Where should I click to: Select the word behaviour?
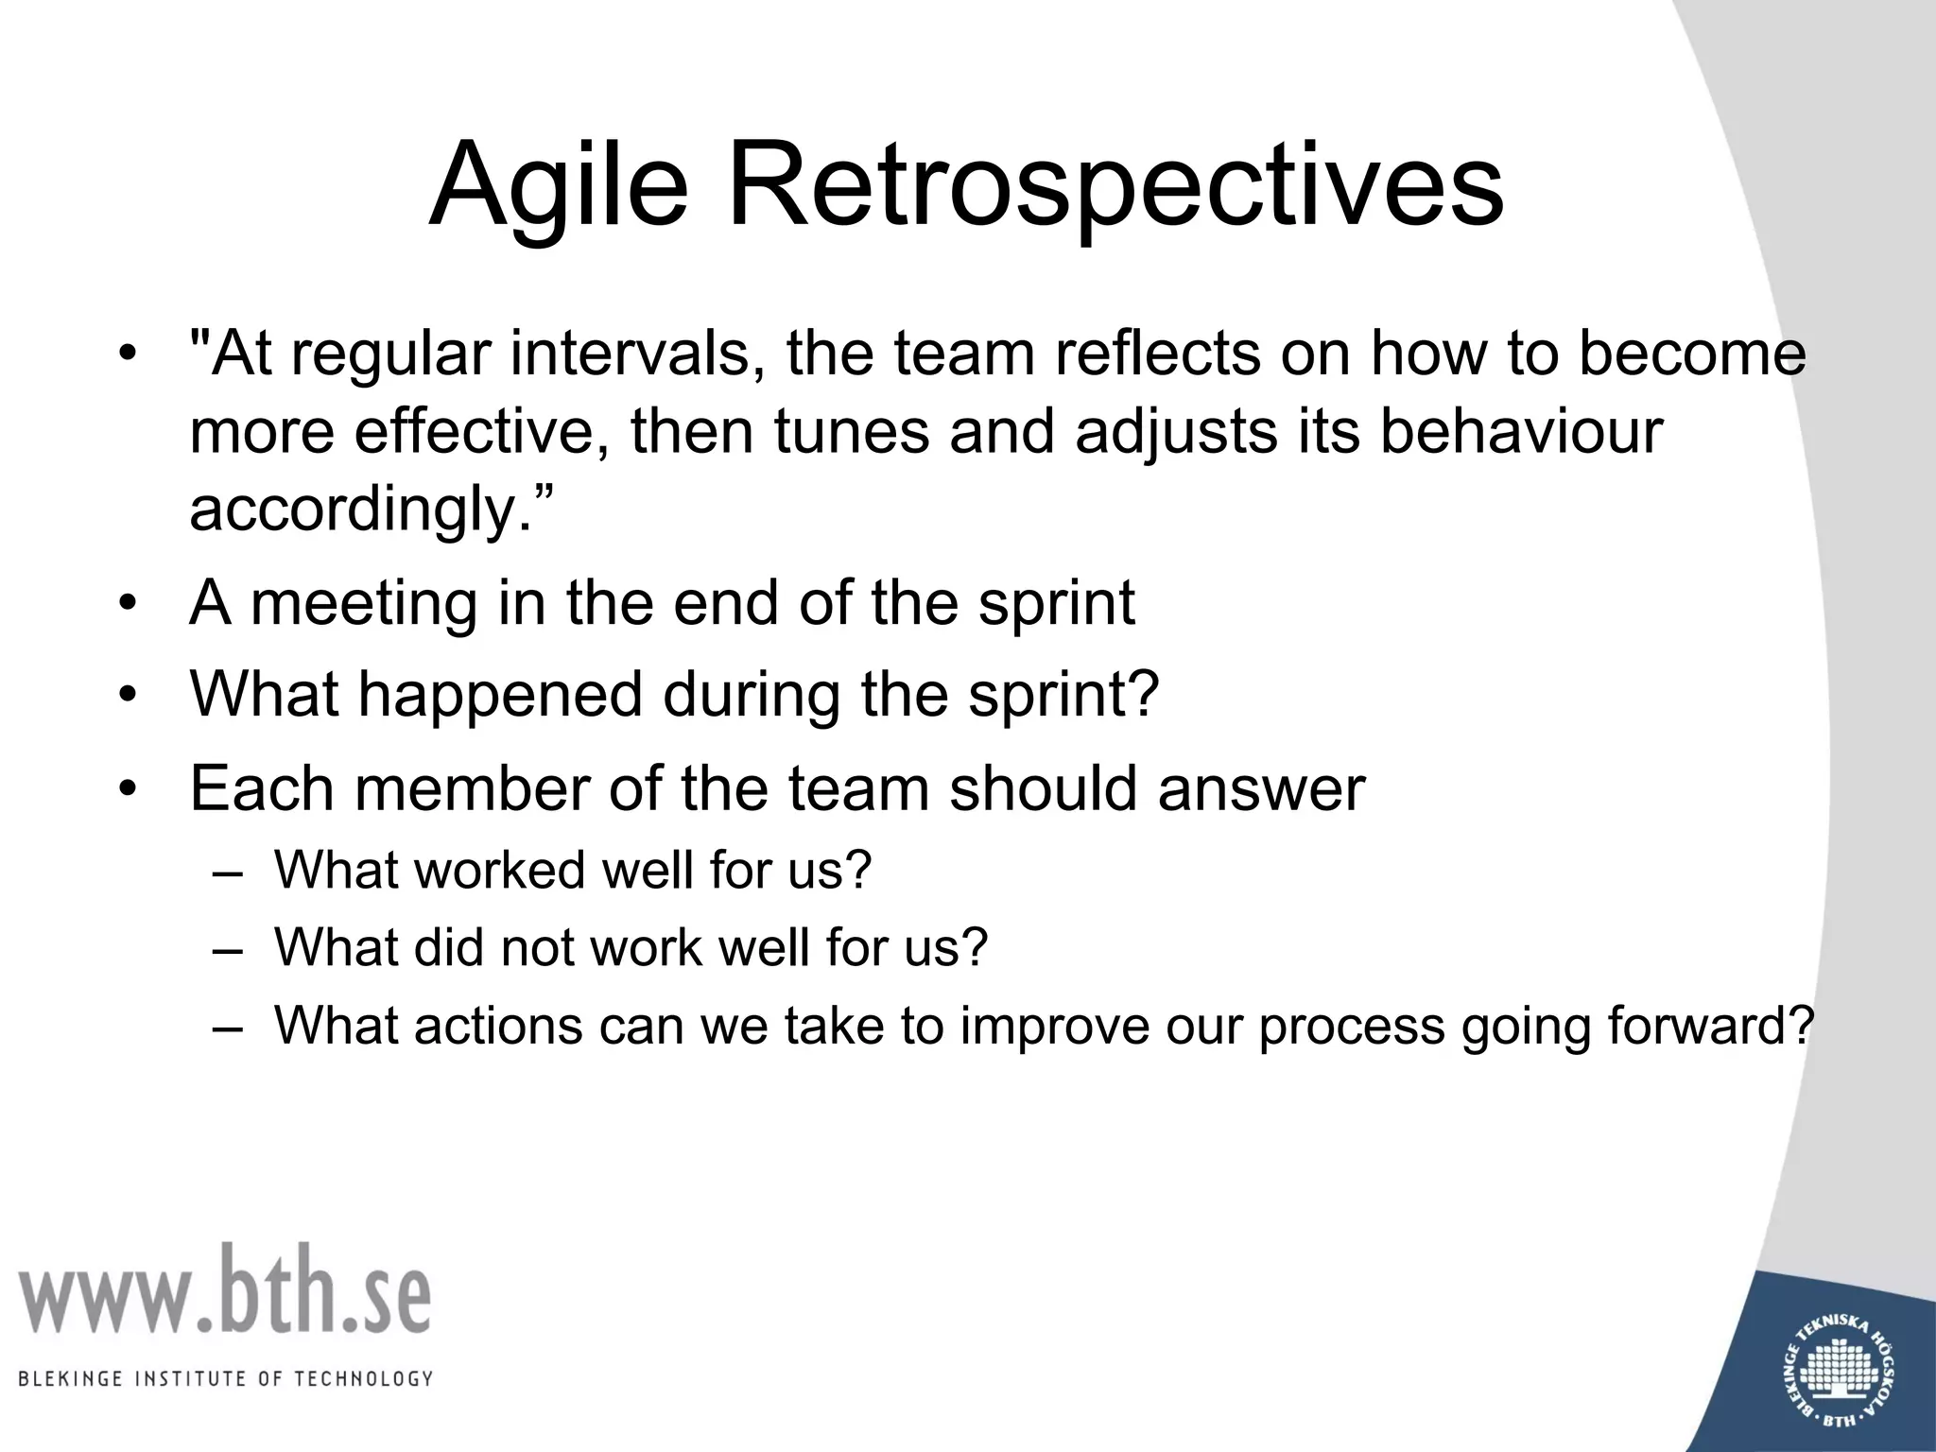(x=1520, y=431)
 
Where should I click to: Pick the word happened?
(x=501, y=695)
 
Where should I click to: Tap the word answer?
(x=1261, y=788)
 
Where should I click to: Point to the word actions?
(x=497, y=1026)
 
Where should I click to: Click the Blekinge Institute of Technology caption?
(x=225, y=1378)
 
